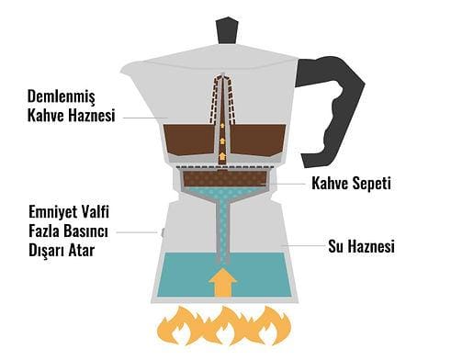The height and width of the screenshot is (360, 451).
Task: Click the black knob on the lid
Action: (x=227, y=29)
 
